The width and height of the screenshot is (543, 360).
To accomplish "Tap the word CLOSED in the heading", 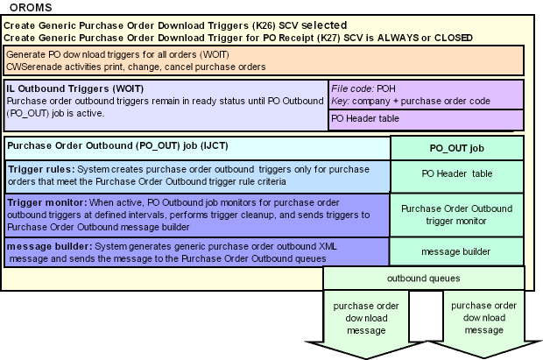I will click(x=451, y=38).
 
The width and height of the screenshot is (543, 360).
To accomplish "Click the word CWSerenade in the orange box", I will click(x=34, y=66).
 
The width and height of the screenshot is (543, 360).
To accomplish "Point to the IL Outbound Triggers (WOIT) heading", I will click(x=75, y=88).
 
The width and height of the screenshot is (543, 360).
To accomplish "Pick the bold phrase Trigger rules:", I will click(x=41, y=168).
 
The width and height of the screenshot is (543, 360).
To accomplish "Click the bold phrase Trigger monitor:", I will click(x=46, y=202).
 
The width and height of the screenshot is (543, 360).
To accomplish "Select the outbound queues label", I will click(x=425, y=278).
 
